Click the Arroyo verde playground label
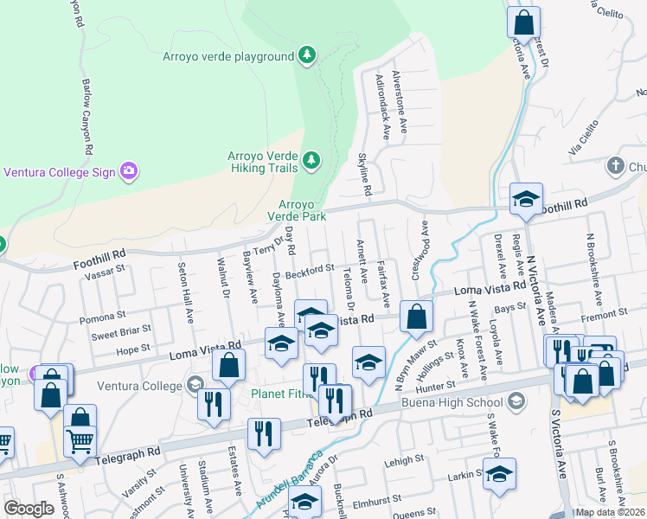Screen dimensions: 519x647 click(228, 57)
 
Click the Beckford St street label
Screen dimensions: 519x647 click(311, 271)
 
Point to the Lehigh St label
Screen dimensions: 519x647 click(402, 462)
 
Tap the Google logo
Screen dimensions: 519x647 click(29, 509)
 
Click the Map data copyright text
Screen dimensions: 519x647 click(609, 512)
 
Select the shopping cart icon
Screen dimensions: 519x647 click(80, 442)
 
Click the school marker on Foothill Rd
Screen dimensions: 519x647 click(525, 201)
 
